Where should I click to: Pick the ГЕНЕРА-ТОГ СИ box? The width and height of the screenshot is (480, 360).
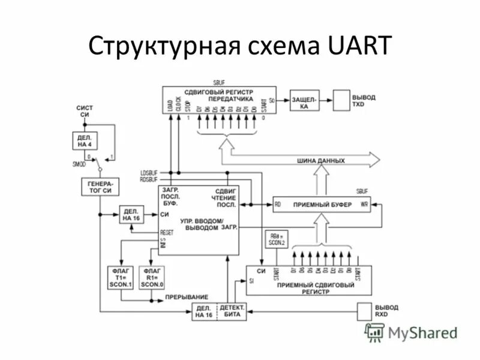[100, 187]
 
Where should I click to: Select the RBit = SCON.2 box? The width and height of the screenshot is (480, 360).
[275, 239]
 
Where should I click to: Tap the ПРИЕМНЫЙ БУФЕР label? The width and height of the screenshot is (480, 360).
[316, 205]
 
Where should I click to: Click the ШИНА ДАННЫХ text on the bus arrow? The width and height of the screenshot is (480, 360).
[321, 161]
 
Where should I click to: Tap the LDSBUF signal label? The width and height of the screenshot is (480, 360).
[149, 173]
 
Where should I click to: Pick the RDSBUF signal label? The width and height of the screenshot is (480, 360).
[149, 179]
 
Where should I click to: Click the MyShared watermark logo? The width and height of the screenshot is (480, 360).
[412, 332]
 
